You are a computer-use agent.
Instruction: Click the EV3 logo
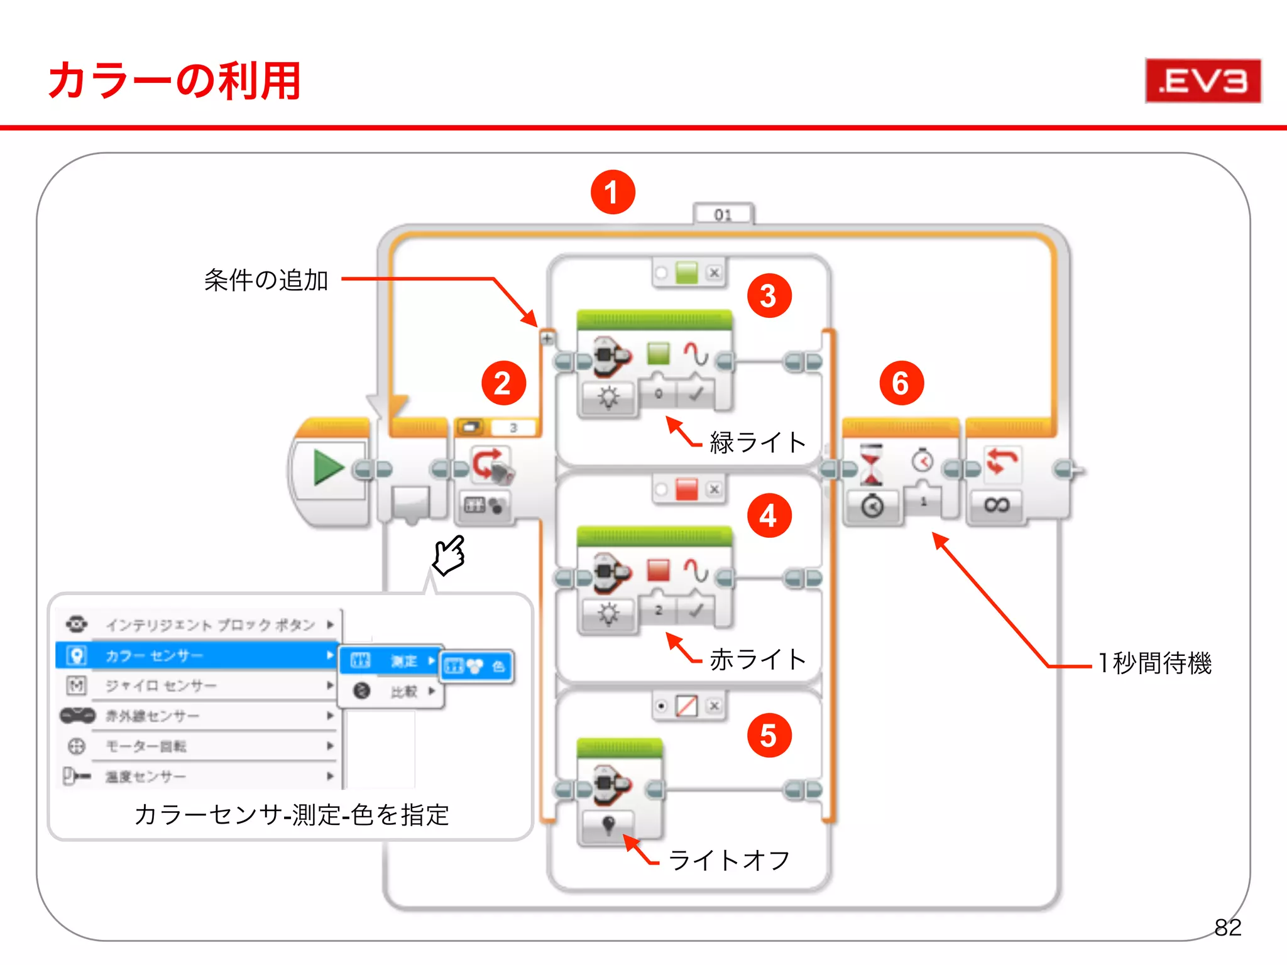coord(1203,81)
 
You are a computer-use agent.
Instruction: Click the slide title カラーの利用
coord(174,81)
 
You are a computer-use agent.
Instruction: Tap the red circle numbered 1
coord(613,192)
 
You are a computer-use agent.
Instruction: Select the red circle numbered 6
coord(901,383)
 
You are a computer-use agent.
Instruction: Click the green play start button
coord(329,468)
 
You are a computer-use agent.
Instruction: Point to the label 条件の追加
coord(266,280)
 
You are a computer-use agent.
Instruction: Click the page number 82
coord(1227,927)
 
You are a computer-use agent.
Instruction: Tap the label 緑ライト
coord(757,442)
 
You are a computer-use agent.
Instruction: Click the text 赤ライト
coord(757,660)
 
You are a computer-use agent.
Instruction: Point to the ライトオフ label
coord(729,860)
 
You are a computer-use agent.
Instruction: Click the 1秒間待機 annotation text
coord(1154,663)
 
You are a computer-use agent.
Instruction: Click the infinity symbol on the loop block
coord(997,505)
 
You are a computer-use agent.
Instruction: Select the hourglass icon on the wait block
coord(871,464)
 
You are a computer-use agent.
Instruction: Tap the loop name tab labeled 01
coord(723,215)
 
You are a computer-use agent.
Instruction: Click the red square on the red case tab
coord(686,489)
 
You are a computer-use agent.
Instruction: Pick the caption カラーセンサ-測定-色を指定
coord(292,815)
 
